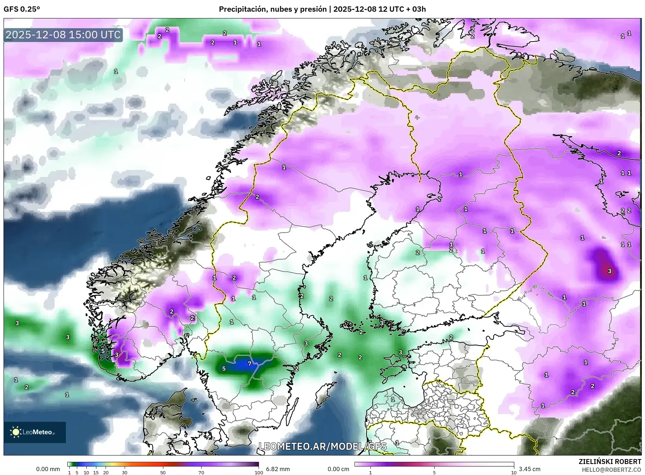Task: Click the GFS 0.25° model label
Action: coord(22,9)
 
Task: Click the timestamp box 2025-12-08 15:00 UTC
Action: coord(63,35)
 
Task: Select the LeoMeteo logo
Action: coord(35,432)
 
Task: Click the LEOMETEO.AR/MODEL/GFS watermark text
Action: coord(322,446)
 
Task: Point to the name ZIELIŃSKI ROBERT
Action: coord(610,462)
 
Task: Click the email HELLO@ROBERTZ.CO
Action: coord(611,470)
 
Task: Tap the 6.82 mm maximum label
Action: coord(278,469)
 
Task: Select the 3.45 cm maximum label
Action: coord(530,469)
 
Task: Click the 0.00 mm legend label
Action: coord(48,469)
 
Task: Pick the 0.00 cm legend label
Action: coord(338,469)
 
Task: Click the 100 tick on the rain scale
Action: coord(259,473)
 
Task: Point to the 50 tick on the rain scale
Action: coord(163,473)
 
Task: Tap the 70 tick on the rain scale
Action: coord(201,473)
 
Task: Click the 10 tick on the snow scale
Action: coord(514,473)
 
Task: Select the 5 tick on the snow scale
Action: coord(434,473)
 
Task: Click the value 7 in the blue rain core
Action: coord(249,364)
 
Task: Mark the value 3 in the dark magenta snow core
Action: coord(609,271)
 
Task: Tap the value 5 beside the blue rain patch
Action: coord(224,369)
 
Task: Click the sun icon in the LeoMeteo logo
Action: coord(16,432)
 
